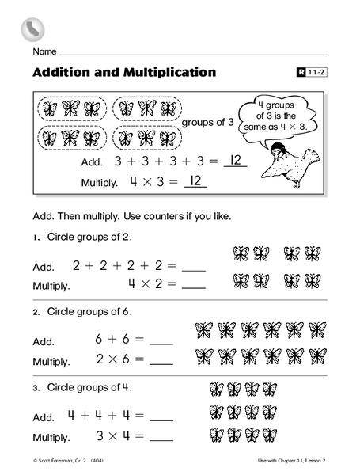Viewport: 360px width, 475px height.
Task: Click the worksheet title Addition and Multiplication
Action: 124,73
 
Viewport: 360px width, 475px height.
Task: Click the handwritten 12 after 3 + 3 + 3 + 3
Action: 233,161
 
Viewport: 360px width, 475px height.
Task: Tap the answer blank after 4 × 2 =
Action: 194,285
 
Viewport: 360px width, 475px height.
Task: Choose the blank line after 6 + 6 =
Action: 161,341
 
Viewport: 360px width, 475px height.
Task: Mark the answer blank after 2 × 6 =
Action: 161,360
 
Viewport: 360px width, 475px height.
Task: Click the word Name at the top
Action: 44,51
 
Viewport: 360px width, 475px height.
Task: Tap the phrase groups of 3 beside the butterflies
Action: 208,122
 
